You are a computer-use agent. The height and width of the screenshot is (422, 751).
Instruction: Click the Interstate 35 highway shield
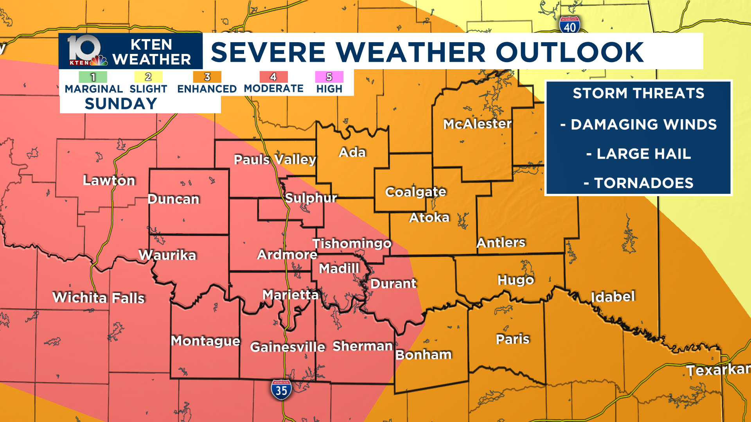281,390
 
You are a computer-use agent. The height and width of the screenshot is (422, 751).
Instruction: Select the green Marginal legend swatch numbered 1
93,77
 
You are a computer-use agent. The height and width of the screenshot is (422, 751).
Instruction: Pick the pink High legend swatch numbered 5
329,77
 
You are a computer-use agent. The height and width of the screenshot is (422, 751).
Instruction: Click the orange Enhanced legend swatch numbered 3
207,77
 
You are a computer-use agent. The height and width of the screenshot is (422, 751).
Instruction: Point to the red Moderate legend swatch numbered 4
273,77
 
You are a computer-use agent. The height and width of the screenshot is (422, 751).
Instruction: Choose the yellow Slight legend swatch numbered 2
148,77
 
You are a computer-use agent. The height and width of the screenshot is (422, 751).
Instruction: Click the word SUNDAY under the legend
121,104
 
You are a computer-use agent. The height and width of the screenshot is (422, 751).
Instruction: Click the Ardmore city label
287,255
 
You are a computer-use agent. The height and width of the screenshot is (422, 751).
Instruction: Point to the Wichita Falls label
99,298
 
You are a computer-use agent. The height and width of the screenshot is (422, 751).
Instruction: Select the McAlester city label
477,124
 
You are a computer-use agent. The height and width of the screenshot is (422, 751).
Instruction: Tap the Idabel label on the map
613,297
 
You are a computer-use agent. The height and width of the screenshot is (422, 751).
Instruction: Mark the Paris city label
512,339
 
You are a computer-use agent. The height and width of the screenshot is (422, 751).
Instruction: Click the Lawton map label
109,181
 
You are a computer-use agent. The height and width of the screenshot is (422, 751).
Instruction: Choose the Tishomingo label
352,243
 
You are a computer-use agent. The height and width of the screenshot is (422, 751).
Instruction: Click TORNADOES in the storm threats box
643,183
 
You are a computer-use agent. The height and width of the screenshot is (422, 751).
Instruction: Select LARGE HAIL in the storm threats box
643,154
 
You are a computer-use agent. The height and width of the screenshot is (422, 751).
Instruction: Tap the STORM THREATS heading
638,93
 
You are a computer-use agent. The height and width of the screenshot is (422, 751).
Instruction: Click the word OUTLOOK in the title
570,52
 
